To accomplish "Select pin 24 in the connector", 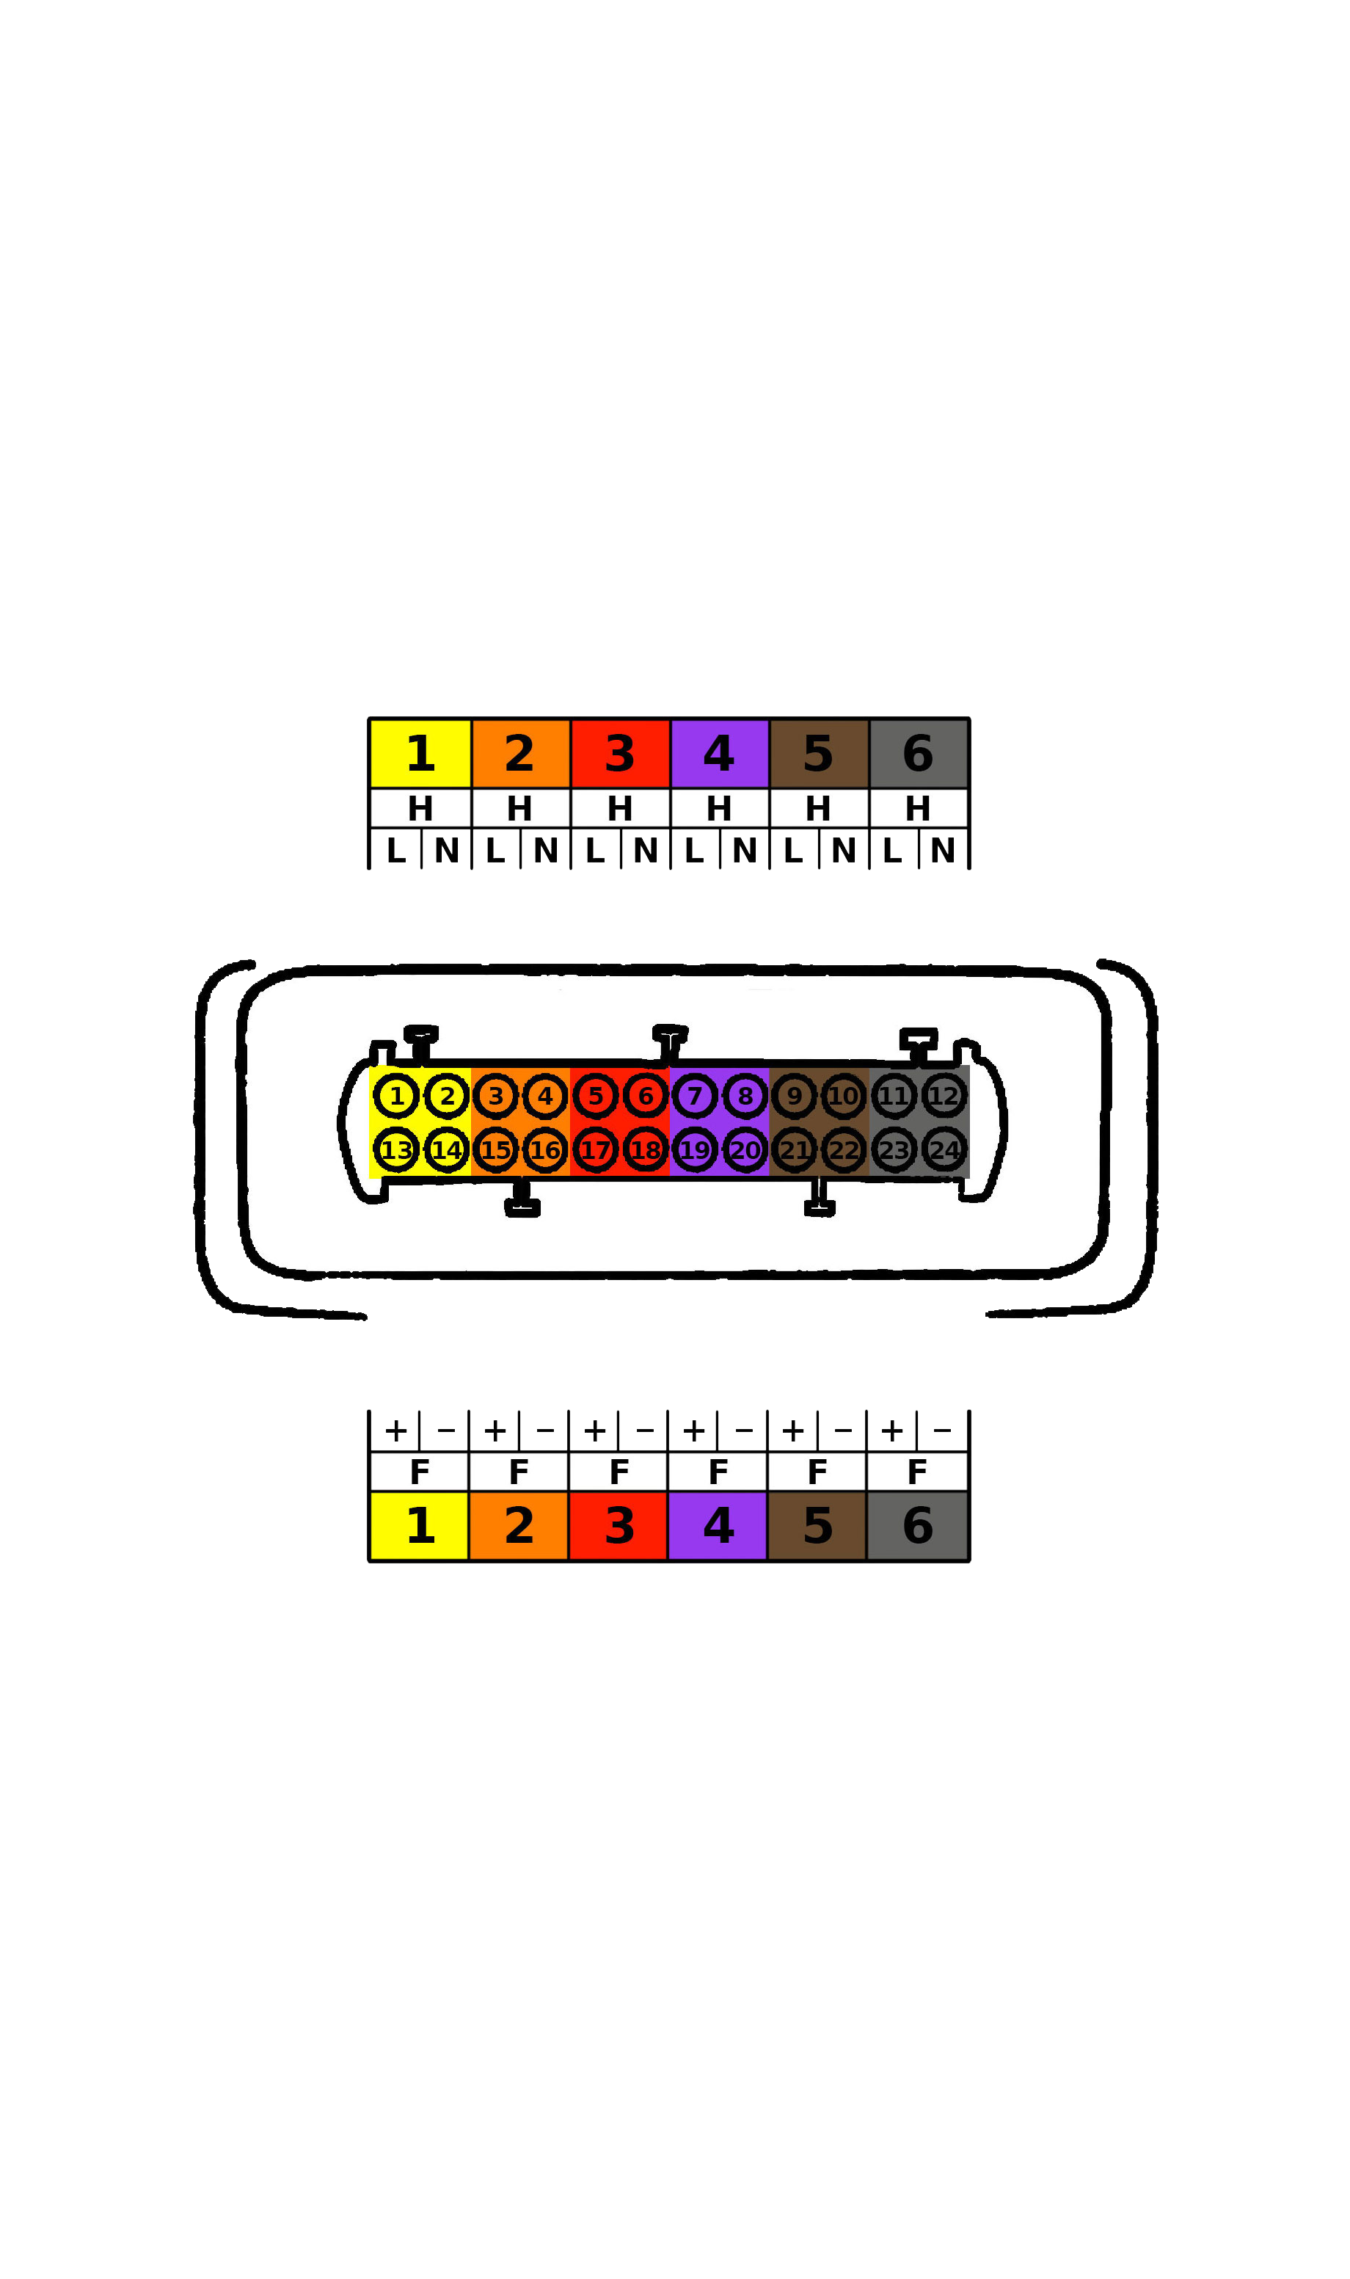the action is coord(944,1151).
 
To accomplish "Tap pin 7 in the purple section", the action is coord(695,1097).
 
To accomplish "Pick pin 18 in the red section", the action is coord(646,1151).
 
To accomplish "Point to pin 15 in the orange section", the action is coord(496,1151).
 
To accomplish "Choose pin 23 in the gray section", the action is coord(894,1151).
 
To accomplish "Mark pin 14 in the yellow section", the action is coord(447,1151).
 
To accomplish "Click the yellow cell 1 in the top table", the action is coord(420,755).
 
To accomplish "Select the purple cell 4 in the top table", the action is coord(720,755).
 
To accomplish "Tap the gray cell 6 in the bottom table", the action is coord(918,1526).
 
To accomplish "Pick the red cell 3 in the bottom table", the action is coord(619,1526).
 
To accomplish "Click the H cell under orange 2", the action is coord(520,808).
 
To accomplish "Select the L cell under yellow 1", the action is coord(395,851).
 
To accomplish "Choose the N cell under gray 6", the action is coord(944,851).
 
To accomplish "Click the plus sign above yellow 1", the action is coord(395,1431).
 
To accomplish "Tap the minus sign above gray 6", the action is coord(943,1431).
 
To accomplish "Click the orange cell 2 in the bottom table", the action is coord(519,1526).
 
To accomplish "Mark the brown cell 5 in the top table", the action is coord(819,755).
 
